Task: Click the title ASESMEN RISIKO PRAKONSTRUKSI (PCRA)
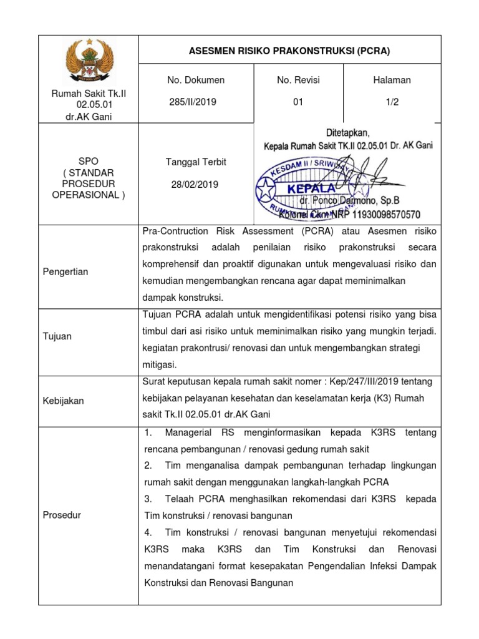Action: [289, 51]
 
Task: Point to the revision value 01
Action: [298, 102]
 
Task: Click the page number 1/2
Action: [392, 102]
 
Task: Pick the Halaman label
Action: [392, 80]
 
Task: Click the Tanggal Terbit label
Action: [196, 162]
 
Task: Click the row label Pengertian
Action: [65, 271]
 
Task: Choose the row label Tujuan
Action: [57, 336]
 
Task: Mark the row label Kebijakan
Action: [63, 401]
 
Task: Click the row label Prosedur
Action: [62, 515]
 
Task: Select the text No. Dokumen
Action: [196, 80]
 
